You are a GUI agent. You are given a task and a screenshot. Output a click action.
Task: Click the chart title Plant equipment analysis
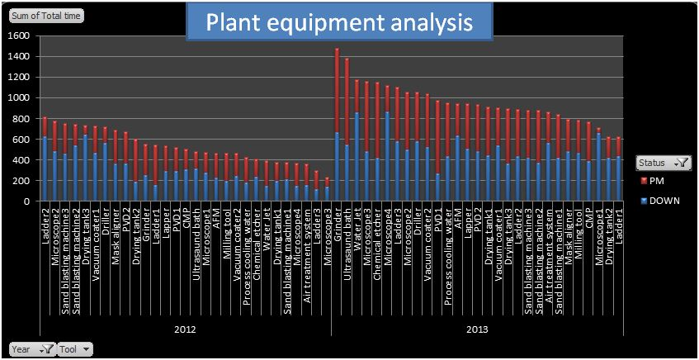pos(339,22)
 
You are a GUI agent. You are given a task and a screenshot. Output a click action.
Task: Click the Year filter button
pos(32,349)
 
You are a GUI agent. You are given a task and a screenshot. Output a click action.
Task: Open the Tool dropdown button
pos(75,349)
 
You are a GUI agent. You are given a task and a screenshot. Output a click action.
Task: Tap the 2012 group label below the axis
pos(185,329)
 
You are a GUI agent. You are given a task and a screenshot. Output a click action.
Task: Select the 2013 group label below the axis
pos(476,329)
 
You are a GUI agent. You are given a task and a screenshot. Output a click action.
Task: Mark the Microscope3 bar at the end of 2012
pos(326,190)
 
